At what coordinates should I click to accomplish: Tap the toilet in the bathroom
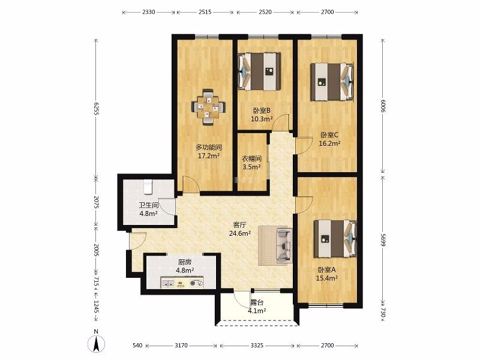(x=148, y=187)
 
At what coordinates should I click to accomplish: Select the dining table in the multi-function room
(x=208, y=107)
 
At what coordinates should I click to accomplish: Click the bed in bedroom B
(x=259, y=71)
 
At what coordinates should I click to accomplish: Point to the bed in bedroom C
(x=332, y=82)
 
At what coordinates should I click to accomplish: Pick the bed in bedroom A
(x=335, y=239)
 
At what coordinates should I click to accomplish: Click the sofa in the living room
(x=284, y=245)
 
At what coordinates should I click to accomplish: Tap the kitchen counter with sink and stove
(x=182, y=283)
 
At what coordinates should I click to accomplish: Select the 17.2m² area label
(x=209, y=156)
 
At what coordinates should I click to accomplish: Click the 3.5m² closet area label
(x=251, y=167)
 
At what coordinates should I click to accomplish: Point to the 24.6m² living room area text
(x=240, y=233)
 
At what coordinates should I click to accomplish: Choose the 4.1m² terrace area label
(x=257, y=311)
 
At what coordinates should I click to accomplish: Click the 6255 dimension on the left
(x=95, y=109)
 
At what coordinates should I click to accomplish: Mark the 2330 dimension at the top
(x=149, y=12)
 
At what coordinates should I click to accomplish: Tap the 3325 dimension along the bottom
(x=257, y=346)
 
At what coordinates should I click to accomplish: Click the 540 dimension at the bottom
(x=137, y=346)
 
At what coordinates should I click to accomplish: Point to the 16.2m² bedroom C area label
(x=329, y=143)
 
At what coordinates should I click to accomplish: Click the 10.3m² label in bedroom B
(x=262, y=119)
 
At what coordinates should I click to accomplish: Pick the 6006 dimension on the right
(x=383, y=106)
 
